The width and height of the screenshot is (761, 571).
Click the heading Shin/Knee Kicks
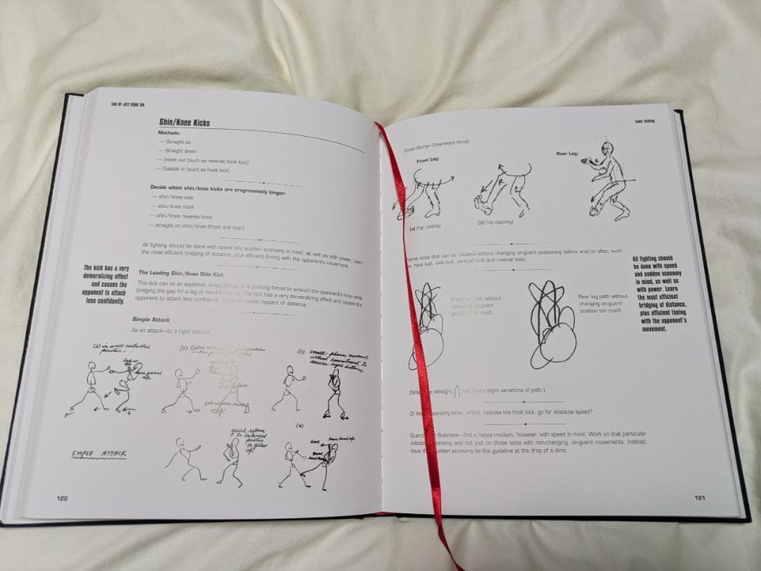click(184, 123)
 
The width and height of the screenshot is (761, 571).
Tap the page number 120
click(62, 498)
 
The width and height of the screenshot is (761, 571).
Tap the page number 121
click(699, 498)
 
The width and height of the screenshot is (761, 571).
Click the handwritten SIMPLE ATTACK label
click(99, 454)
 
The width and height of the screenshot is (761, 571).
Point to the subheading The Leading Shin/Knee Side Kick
click(180, 273)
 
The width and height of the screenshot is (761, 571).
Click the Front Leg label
click(427, 160)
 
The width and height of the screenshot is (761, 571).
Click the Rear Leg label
click(567, 153)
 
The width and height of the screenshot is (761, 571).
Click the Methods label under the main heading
click(169, 133)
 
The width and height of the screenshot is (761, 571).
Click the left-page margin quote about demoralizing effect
click(106, 284)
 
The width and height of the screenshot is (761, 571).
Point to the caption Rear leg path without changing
click(602, 303)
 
